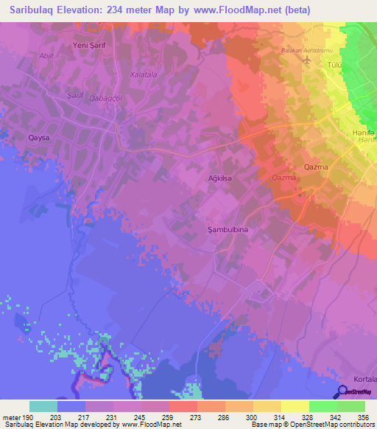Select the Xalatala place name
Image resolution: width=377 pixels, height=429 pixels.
pyautogui.click(x=144, y=75)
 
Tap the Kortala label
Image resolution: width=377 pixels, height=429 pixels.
pyautogui.click(x=364, y=379)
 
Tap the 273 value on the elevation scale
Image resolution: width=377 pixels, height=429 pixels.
pyautogui.click(x=197, y=416)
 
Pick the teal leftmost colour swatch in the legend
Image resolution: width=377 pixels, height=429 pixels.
pyautogui.click(x=43, y=406)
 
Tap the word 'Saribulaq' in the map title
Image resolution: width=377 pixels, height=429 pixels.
pyautogui.click(x=34, y=10)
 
